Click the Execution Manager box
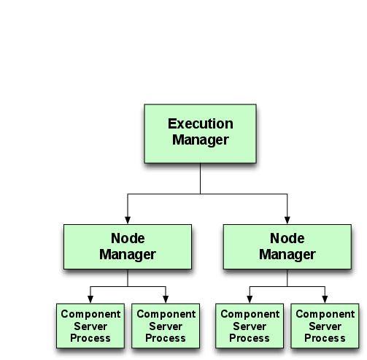coord(200,134)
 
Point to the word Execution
coord(200,124)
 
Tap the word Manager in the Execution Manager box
coord(200,140)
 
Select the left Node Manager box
coord(128,247)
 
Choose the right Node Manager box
coord(287,247)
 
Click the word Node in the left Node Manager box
coord(128,239)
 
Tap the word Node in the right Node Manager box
coord(287,239)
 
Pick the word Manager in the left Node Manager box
coord(128,255)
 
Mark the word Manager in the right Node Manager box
coord(287,255)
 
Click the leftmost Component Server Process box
coord(90,326)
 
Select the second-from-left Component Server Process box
coord(166,326)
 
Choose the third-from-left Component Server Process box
coord(250,326)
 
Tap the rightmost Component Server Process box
coord(325,326)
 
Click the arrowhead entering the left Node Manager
coord(128,220)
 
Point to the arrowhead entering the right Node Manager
coord(287,220)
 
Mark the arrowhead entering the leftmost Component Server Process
coord(90,299)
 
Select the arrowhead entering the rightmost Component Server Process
coord(325,299)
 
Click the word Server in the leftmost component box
coord(90,326)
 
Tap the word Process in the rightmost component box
coord(325,338)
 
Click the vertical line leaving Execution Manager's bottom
coord(200,179)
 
